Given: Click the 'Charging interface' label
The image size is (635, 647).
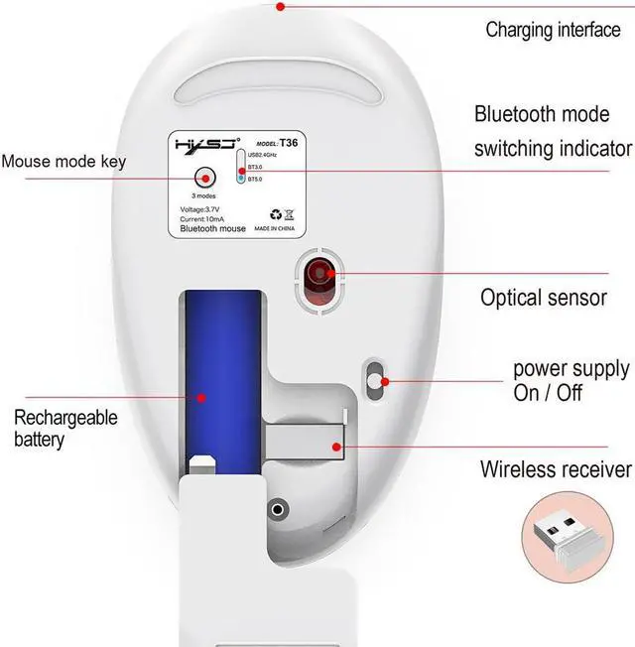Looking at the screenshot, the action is click(552, 30).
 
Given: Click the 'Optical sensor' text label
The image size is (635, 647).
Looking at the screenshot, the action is click(543, 297).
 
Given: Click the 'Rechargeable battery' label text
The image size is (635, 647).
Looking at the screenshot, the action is click(65, 428).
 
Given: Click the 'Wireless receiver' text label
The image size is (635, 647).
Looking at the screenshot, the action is click(555, 469).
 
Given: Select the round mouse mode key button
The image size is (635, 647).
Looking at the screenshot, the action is click(205, 178).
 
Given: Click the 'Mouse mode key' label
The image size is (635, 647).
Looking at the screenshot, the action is click(63, 161).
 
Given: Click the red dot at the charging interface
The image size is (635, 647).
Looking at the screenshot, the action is click(281, 7).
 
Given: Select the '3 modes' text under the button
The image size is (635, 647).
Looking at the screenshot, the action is click(205, 196).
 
